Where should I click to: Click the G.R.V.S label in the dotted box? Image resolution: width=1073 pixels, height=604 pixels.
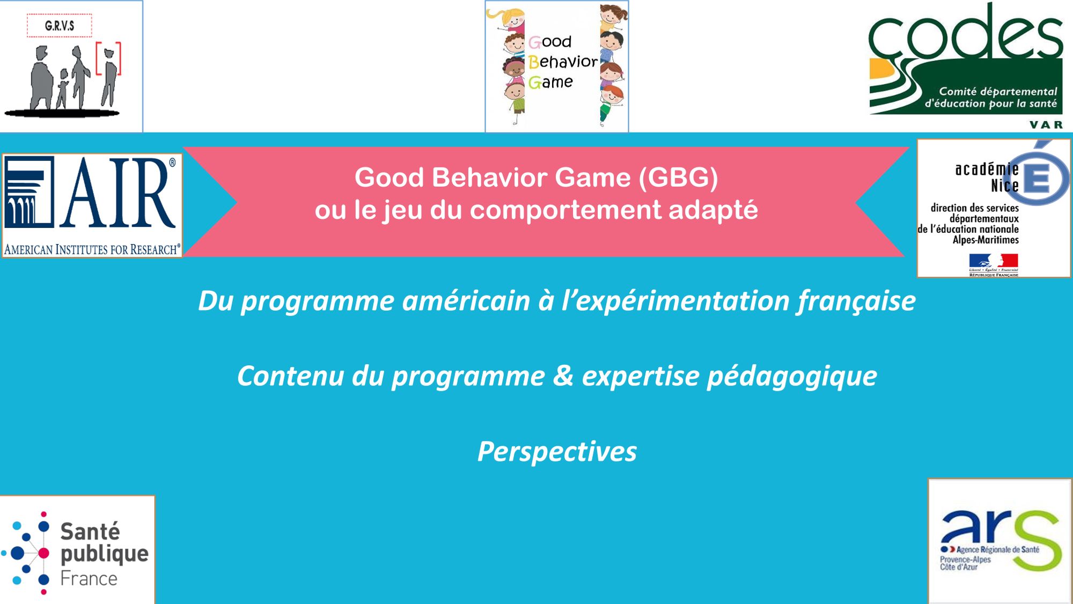click(60, 26)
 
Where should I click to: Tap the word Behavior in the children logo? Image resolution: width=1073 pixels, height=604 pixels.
click(563, 62)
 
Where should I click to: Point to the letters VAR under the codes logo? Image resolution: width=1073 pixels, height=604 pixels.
click(1046, 124)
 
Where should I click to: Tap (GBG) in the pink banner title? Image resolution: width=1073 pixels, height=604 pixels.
click(678, 178)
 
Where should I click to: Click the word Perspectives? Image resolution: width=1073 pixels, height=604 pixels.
click(557, 452)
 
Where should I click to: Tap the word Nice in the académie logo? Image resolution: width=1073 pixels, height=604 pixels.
click(1004, 186)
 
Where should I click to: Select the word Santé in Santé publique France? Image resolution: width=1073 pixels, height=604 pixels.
click(90, 532)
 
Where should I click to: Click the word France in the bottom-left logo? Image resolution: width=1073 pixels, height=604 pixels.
click(89, 578)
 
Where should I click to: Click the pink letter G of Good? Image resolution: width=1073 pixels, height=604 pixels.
click(534, 42)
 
